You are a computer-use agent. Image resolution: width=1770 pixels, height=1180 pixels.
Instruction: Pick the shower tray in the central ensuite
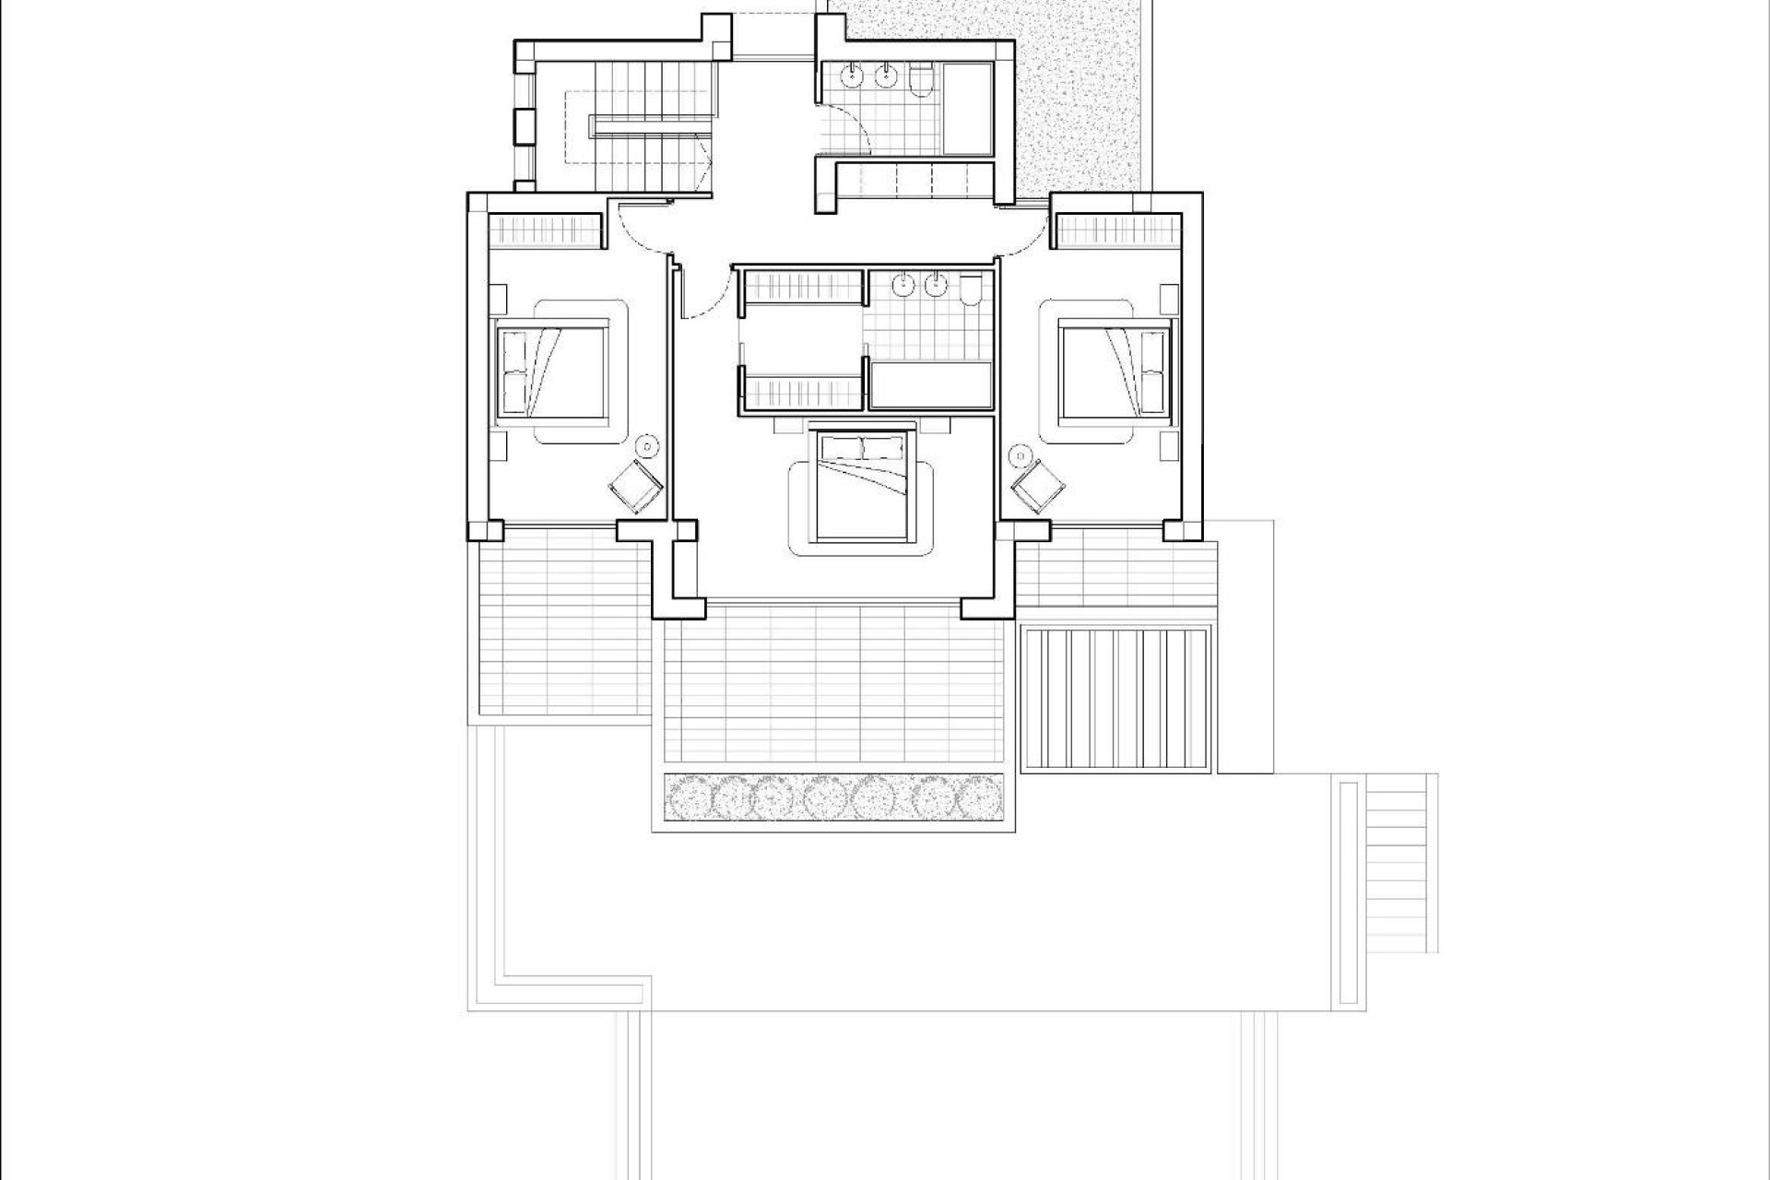pyautogui.click(x=930, y=384)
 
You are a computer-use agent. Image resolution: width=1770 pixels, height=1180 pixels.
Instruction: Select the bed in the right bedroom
pyautogui.click(x=1116, y=370)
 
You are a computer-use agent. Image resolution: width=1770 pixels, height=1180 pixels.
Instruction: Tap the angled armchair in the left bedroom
pyautogui.click(x=636, y=486)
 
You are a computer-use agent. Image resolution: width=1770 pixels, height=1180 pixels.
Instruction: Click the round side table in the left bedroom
pyautogui.click(x=649, y=447)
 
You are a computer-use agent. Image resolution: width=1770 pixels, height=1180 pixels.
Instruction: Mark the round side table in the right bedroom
pyautogui.click(x=1021, y=454)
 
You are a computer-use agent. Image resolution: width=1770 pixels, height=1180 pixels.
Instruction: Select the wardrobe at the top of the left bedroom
pyautogui.click(x=543, y=230)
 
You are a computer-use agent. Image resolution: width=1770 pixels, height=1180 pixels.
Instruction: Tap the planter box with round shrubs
pyautogui.click(x=833, y=796)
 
